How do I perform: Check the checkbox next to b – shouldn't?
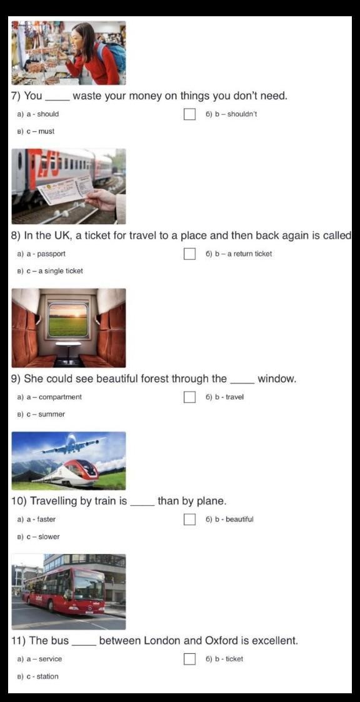(x=189, y=114)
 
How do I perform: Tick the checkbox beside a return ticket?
(x=189, y=254)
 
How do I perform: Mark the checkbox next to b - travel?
(x=189, y=397)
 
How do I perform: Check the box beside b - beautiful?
(x=189, y=520)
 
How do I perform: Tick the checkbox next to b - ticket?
(x=189, y=659)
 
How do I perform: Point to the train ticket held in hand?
(x=66, y=190)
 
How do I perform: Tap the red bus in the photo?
(x=64, y=590)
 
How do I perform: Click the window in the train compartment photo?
(x=68, y=320)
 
